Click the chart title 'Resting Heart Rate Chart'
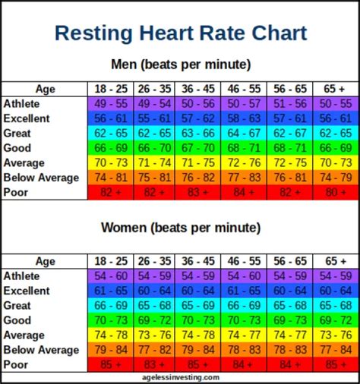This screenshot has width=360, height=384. (181, 33)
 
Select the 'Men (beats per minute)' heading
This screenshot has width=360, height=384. (180, 65)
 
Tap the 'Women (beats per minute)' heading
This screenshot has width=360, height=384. (180, 228)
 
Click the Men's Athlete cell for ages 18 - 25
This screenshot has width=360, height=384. (112, 103)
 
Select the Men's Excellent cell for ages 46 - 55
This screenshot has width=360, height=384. (243, 118)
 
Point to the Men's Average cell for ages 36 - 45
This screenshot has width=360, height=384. (199, 162)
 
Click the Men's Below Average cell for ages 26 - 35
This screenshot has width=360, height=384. (155, 178)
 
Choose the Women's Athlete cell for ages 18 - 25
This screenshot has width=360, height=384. (112, 276)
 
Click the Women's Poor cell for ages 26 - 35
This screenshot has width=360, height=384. (155, 364)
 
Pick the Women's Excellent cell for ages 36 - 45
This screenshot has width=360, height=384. (199, 291)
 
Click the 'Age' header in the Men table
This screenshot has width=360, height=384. (46, 88)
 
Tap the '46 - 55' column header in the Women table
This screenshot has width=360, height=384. (243, 261)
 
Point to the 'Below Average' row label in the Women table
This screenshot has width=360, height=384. (41, 350)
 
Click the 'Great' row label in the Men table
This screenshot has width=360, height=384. (18, 133)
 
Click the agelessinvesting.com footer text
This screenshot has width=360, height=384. (180, 377)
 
